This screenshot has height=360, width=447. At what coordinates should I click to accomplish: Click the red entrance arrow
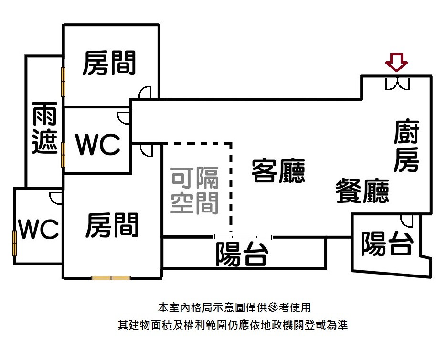point(396,63)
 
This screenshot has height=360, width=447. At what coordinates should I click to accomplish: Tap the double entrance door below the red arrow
point(397,84)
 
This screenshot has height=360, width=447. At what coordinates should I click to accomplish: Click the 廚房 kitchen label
point(407,146)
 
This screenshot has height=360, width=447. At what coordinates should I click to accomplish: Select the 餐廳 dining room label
point(362,191)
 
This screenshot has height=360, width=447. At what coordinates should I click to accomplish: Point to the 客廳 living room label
point(278,170)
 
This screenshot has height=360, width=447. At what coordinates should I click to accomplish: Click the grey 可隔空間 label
point(195,191)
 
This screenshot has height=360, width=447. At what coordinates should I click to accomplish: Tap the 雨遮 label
point(45,127)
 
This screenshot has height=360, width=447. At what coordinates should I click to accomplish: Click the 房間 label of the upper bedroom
point(109,63)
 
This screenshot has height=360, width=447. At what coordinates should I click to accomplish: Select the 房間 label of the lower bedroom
point(112,225)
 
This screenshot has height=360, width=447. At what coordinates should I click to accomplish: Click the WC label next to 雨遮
point(98,144)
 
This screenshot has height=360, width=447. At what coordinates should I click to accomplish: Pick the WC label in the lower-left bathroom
point(39,229)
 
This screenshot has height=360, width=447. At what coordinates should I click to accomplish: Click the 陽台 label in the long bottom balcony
point(242,254)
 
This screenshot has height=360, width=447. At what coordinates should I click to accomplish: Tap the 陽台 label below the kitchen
point(387,244)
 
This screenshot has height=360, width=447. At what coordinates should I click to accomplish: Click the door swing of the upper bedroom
point(145,92)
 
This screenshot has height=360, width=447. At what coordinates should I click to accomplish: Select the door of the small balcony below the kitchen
point(407,221)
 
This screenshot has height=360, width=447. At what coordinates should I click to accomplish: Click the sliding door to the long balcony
point(243,237)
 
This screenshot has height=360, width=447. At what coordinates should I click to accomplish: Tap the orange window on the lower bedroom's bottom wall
point(111,278)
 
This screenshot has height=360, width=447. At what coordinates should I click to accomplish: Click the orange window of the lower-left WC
point(14,244)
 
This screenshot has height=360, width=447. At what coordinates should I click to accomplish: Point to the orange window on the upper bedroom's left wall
point(64,82)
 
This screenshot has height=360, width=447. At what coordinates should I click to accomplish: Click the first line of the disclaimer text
point(234,307)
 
